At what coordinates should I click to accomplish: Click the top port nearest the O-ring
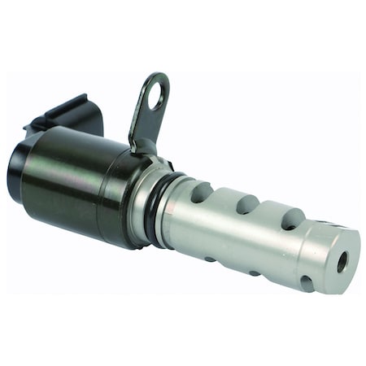tap(201, 193)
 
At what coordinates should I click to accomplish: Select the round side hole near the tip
tap(307, 283)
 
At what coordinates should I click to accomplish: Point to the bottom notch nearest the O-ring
tap(210, 259)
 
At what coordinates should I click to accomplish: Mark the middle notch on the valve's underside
tap(254, 272)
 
